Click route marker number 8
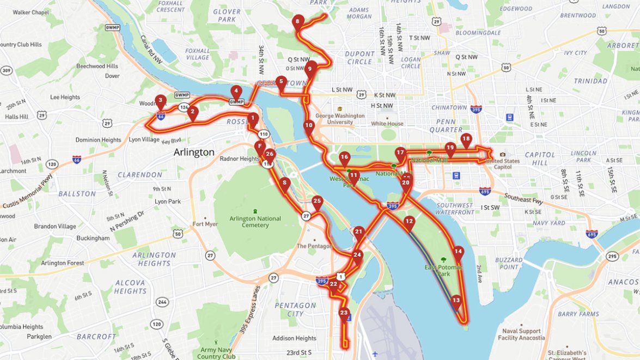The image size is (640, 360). [x=297, y=22]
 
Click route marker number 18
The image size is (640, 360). [x=466, y=139]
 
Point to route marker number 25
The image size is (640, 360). [x=318, y=202]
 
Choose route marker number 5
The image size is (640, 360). [x=281, y=82]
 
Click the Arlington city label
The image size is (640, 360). [x=194, y=152]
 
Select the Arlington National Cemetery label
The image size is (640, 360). [x=255, y=222]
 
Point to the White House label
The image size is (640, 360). [x=387, y=124]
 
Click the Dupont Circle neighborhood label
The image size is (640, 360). [x=359, y=58]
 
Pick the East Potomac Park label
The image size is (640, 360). [x=444, y=271]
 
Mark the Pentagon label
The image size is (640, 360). [x=314, y=246]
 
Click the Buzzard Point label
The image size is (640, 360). [x=509, y=264]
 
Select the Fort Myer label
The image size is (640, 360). [x=205, y=224]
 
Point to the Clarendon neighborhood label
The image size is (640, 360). [x=140, y=175]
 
